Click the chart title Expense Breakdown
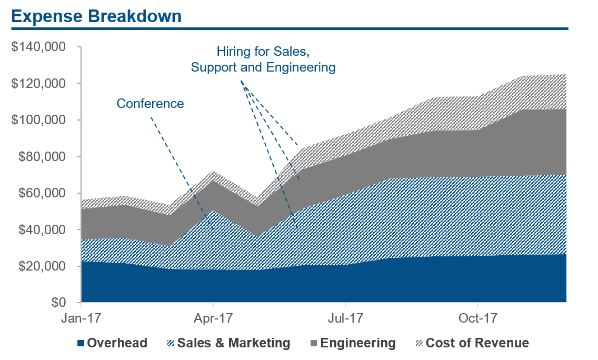point(96,16)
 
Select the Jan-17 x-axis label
point(81,319)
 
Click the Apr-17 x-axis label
point(213,319)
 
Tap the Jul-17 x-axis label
point(345,319)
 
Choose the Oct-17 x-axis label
point(477,319)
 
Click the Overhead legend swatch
point(81,344)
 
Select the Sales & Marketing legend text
point(234,343)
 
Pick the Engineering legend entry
point(358,343)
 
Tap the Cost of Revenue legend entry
point(477,343)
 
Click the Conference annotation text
point(150,103)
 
